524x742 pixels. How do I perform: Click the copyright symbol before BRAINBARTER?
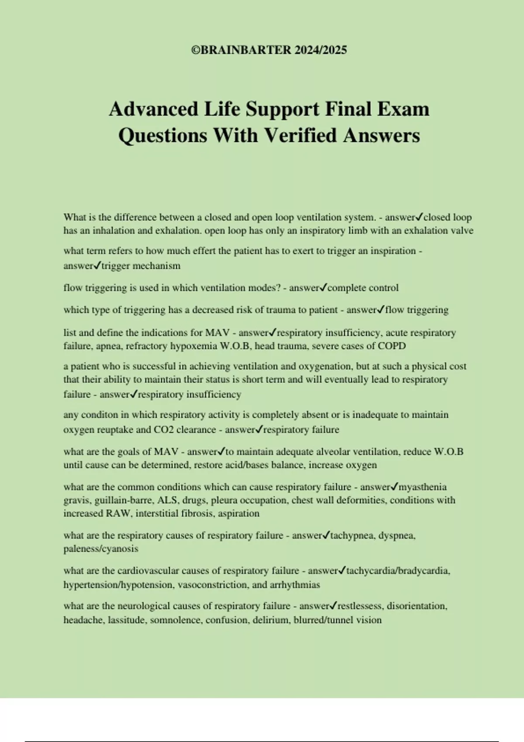[x=195, y=50]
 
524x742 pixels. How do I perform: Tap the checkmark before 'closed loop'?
[x=419, y=217]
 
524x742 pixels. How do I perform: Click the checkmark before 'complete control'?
[x=323, y=288]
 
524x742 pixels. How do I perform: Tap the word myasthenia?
[x=423, y=487]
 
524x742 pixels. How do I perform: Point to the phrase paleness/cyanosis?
[x=101, y=549]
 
